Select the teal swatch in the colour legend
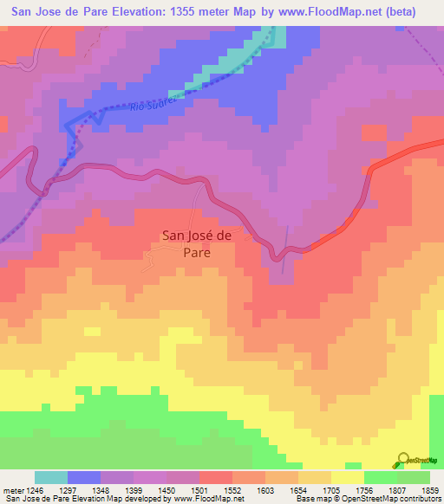pos(51,477)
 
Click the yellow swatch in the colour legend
pos(348,477)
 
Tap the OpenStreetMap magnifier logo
pos(403,460)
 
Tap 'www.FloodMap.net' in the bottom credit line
pos(207,499)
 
